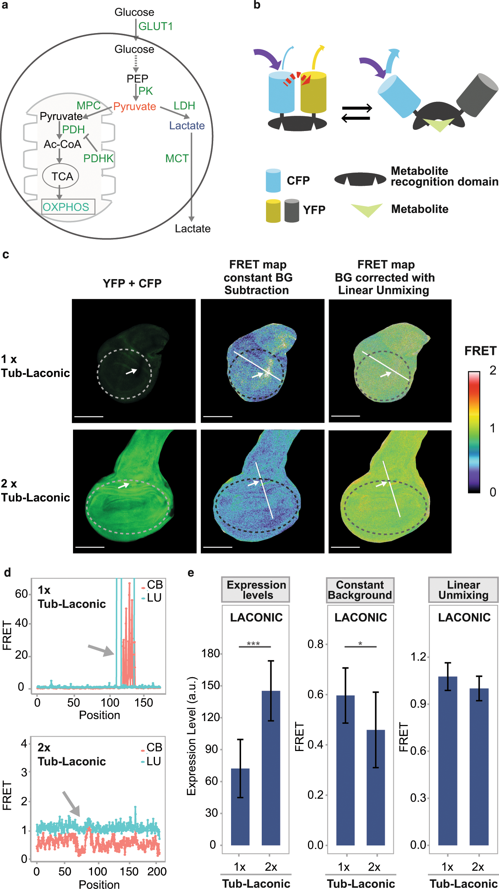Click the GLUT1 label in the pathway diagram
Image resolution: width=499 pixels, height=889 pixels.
(155, 26)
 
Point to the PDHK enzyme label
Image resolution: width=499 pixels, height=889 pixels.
(99, 159)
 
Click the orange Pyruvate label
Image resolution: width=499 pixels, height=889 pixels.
(135, 107)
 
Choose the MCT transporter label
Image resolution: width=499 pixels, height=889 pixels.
(177, 159)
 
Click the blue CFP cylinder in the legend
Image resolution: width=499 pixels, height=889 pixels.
(273, 181)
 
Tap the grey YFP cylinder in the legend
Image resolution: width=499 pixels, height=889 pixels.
(292, 210)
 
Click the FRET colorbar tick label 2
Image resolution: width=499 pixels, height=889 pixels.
(492, 370)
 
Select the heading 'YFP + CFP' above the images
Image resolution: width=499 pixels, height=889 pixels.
(132, 283)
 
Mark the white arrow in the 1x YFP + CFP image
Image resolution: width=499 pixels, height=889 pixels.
(131, 371)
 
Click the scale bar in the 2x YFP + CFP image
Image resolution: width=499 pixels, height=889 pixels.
(90, 547)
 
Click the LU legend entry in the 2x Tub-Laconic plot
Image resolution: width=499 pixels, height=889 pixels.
(151, 762)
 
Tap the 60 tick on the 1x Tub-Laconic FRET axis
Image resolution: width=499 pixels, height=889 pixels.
(21, 594)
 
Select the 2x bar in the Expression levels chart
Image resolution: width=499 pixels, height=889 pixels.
(271, 768)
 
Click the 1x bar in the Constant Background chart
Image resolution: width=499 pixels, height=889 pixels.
(345, 770)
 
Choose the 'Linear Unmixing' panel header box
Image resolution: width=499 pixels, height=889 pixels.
(463, 590)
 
